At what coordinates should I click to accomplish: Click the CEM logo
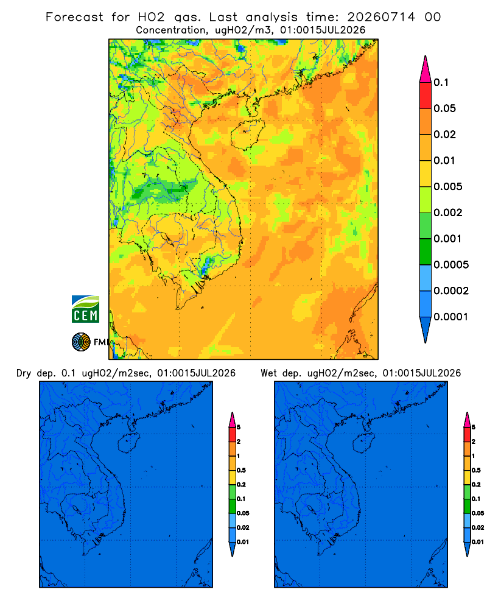(85, 309)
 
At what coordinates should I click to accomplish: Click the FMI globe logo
(81, 342)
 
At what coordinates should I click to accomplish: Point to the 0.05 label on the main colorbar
(444, 108)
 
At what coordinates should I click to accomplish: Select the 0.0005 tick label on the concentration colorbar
(451, 265)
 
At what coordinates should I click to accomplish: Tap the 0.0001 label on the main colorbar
(451, 317)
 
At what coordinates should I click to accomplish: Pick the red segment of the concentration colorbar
(426, 95)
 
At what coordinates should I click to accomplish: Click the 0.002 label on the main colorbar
(448, 213)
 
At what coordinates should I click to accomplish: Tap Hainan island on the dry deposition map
(128, 443)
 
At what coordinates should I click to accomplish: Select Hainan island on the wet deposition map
(364, 443)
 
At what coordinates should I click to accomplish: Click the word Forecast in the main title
(74, 17)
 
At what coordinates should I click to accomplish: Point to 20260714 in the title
(381, 17)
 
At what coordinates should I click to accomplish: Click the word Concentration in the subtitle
(171, 30)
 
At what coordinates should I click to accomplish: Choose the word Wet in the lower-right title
(268, 373)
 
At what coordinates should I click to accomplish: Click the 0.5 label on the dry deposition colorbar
(241, 470)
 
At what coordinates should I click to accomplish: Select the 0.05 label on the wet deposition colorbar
(478, 513)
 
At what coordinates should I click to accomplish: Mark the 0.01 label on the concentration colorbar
(444, 160)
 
